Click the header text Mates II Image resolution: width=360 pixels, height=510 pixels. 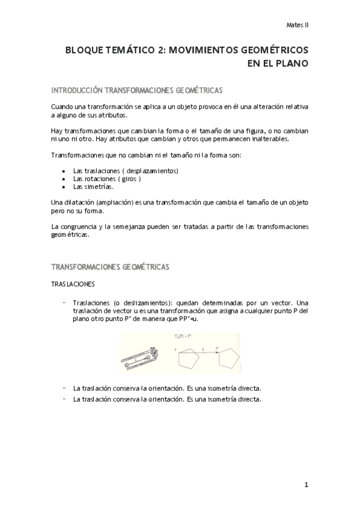pos(296,25)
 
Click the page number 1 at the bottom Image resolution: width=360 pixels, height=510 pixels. pos(306,484)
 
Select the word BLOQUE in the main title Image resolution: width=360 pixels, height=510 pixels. pos(85,52)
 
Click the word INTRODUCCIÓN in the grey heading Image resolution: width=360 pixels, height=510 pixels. pos(77,90)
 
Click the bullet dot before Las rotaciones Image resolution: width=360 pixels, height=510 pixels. pos(64,179)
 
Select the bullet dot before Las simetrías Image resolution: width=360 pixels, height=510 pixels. pos(64,187)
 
